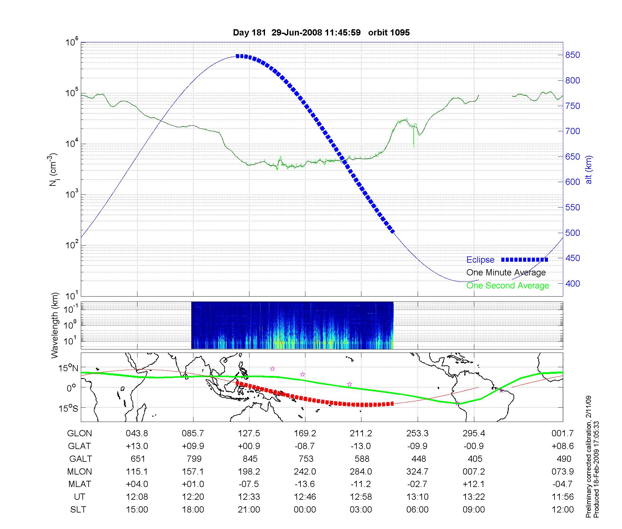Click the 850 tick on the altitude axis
[573, 55]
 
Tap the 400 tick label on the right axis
[573, 283]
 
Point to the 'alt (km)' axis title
[588, 170]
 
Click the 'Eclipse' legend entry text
[480, 260]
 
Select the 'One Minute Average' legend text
[506, 273]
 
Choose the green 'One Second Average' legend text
[508, 286]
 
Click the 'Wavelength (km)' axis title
[55, 325]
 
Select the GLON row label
[80, 433]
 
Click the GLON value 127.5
[249, 433]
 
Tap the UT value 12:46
[305, 497]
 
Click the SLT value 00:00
[305, 510]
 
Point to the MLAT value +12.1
[474, 484]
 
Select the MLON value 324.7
[417, 472]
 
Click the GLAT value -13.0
[361, 446]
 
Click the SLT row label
[78, 510]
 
